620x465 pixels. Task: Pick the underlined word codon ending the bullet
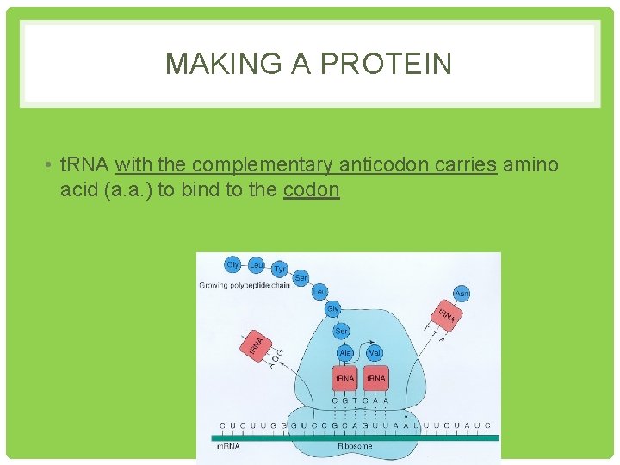pyautogui.click(x=311, y=189)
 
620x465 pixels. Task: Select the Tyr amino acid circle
pyautogui.click(x=279, y=270)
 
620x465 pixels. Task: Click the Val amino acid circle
pyautogui.click(x=375, y=353)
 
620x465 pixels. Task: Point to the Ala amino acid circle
pyautogui.click(x=345, y=353)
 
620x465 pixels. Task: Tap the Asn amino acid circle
pyautogui.click(x=462, y=294)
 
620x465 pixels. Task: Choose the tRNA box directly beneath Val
pyautogui.click(x=375, y=379)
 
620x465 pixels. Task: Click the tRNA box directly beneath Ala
pyautogui.click(x=344, y=379)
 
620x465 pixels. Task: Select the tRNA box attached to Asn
pyautogui.click(x=446, y=316)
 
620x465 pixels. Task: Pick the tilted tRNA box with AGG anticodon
pyautogui.click(x=257, y=346)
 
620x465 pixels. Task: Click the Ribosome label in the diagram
pyautogui.click(x=355, y=445)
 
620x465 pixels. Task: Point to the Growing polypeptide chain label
pyautogui.click(x=244, y=285)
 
